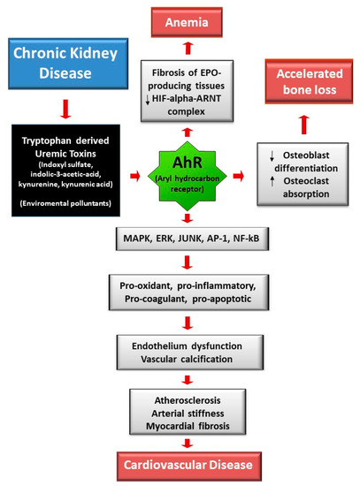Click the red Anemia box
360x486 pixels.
[x=187, y=22]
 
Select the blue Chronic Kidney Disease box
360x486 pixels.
[x=68, y=64]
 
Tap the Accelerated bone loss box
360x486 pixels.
[x=309, y=81]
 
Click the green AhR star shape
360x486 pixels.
[x=188, y=176]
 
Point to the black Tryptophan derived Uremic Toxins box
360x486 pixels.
[x=65, y=171]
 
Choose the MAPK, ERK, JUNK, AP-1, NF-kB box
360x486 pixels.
[x=192, y=239]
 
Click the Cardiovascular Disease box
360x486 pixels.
[x=189, y=466]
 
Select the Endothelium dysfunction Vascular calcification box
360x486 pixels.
[x=190, y=353]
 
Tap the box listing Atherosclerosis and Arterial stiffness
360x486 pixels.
[x=188, y=412]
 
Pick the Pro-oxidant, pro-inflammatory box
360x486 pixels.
[x=188, y=292]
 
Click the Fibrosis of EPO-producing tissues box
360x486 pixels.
[x=187, y=91]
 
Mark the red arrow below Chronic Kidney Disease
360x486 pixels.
[x=65, y=109]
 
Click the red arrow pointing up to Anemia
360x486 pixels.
[x=188, y=49]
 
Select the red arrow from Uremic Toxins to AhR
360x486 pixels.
[x=135, y=176]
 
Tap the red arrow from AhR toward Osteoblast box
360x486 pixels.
[x=238, y=176]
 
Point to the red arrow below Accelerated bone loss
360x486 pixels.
[x=304, y=125]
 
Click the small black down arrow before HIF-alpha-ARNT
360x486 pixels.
[x=148, y=100]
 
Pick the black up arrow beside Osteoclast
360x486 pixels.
[x=272, y=181]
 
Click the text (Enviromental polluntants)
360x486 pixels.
[x=65, y=203]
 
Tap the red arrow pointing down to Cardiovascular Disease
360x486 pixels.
[x=188, y=444]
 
